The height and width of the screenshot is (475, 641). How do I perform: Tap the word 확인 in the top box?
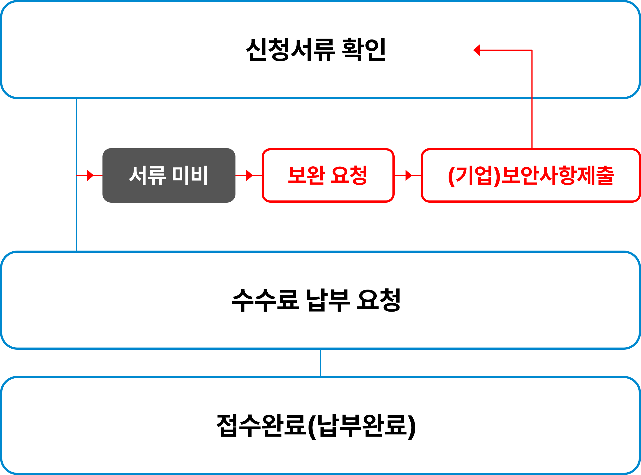pyautogui.click(x=364, y=50)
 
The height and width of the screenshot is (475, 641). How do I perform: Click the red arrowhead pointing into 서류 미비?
pyautogui.click(x=90, y=175)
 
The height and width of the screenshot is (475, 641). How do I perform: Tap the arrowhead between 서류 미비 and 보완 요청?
pyautogui.click(x=249, y=175)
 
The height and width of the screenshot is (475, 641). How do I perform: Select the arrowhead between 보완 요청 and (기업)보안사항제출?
pyautogui.click(x=409, y=175)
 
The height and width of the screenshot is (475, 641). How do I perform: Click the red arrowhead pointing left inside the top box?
pyautogui.click(x=477, y=50)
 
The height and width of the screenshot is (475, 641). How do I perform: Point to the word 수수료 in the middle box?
pyautogui.click(x=265, y=300)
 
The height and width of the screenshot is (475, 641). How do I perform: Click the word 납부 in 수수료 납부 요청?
pyautogui.click(x=328, y=300)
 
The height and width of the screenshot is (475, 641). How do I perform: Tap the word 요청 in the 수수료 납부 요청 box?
pyautogui.click(x=378, y=300)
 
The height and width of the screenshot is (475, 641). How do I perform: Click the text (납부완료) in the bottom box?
pyautogui.click(x=362, y=425)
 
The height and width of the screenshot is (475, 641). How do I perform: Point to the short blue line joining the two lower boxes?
pyautogui.click(x=320, y=363)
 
